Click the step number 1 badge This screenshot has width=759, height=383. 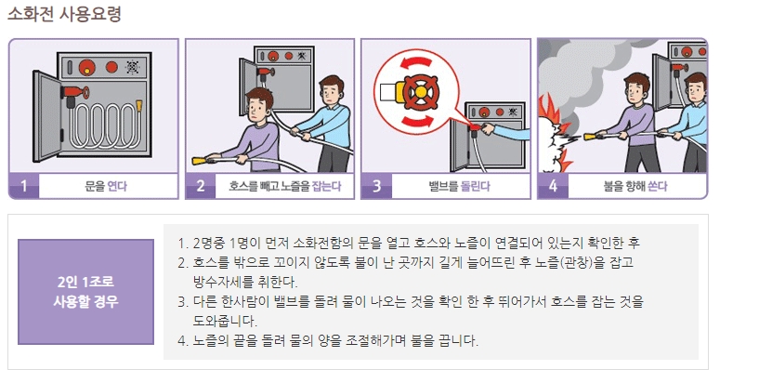click(x=23, y=186)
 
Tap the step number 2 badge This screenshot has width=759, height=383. click(x=200, y=186)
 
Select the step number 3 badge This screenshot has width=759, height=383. click(x=376, y=186)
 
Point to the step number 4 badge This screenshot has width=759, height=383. click(x=553, y=186)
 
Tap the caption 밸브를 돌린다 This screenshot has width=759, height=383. click(x=453, y=186)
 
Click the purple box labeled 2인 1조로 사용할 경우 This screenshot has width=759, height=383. click(x=85, y=291)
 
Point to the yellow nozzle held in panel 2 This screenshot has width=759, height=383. click(x=200, y=160)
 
